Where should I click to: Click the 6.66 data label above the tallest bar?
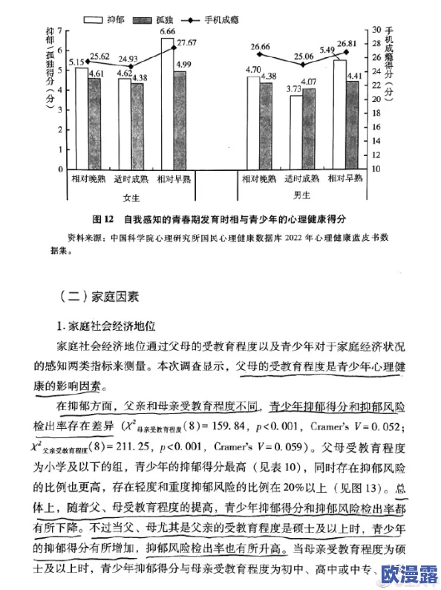[167, 32]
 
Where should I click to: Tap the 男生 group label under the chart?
[301, 195]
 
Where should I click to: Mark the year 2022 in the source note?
[294, 239]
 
